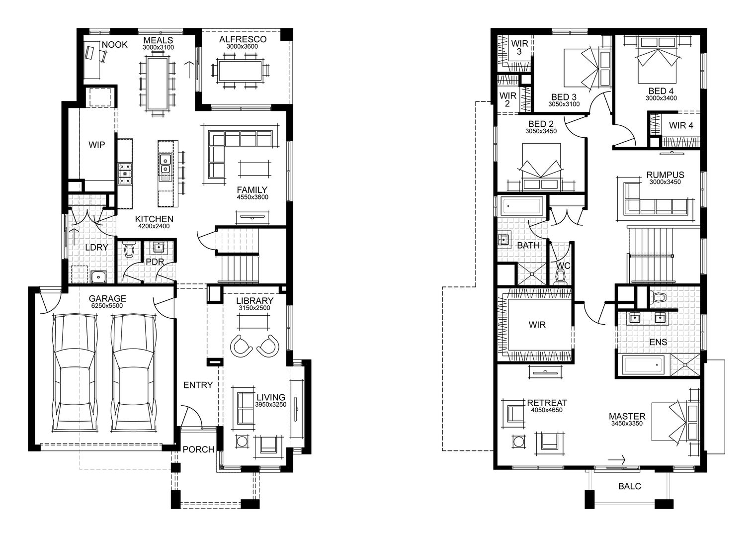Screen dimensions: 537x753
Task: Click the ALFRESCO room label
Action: point(243,39)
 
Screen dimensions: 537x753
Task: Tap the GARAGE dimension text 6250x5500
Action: point(107,306)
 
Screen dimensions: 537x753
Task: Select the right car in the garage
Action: point(133,373)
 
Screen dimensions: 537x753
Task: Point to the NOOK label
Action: point(114,45)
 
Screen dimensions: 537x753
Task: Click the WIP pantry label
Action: point(96,145)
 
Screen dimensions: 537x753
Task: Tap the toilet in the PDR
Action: point(130,250)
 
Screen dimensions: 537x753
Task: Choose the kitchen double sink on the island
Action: point(165,166)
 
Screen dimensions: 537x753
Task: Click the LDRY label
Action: point(93,247)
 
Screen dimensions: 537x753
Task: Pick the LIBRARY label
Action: point(254,301)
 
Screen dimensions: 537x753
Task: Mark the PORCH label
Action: point(198,449)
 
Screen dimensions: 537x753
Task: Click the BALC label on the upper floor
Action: point(629,486)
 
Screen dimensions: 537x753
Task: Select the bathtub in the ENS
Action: point(644,366)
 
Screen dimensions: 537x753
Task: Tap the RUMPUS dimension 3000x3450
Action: point(665,182)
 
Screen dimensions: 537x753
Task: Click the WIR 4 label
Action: point(680,125)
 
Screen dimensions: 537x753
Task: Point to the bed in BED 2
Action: point(540,166)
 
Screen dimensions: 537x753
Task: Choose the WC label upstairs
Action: point(563,266)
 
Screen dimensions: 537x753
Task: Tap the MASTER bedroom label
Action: point(627,416)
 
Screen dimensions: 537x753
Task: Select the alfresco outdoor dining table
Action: point(241,69)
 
